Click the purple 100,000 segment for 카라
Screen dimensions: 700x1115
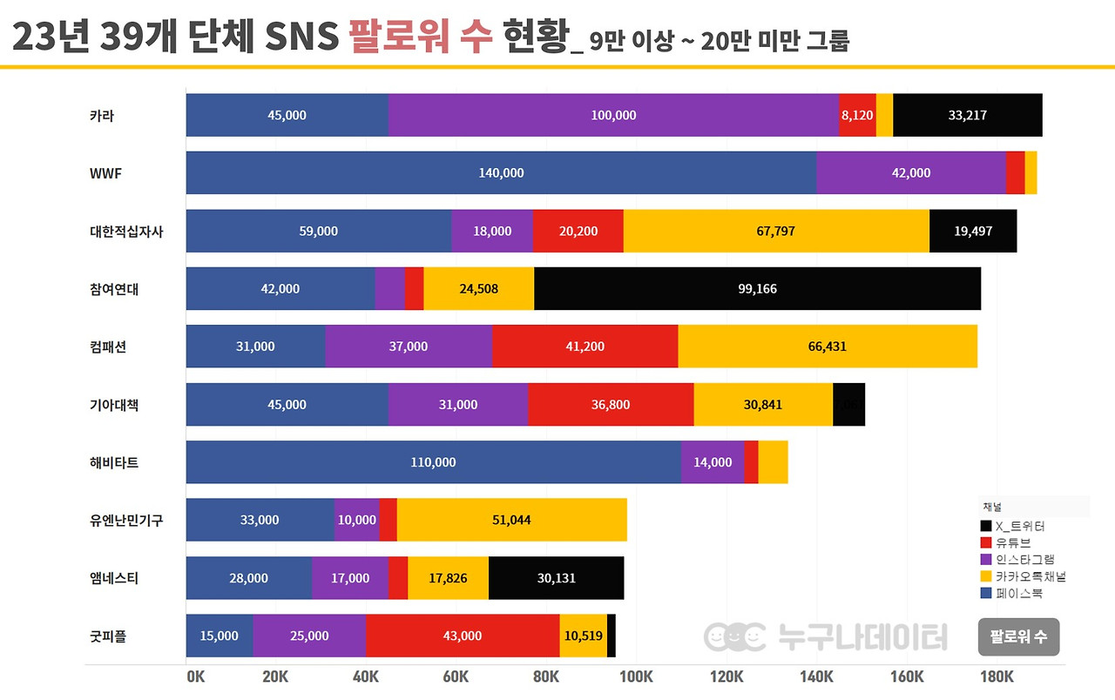pyautogui.click(x=613, y=115)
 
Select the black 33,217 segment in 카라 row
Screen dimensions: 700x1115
pyautogui.click(x=967, y=115)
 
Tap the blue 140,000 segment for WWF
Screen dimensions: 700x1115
pyautogui.click(x=501, y=172)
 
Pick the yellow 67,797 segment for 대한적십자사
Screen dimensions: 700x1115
pyautogui.click(x=776, y=231)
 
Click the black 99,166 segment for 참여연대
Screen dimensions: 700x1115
pyautogui.click(x=758, y=289)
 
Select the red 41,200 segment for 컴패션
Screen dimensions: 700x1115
pyautogui.click(x=585, y=347)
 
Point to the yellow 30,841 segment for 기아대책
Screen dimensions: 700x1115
pyautogui.click(x=763, y=405)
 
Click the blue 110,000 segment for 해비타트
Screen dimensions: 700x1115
pyautogui.click(x=433, y=462)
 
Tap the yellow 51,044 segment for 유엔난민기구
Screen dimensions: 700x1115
pyautogui.click(x=511, y=520)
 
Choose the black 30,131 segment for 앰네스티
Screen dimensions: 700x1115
pyautogui.click(x=556, y=578)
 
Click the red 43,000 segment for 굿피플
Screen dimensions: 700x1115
pyautogui.click(x=462, y=636)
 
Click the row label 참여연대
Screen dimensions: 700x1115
pyautogui.click(x=113, y=289)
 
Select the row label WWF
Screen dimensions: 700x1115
pyautogui.click(x=105, y=172)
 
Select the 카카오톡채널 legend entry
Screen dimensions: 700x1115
pyautogui.click(x=1030, y=576)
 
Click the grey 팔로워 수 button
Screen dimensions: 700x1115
pyautogui.click(x=1018, y=637)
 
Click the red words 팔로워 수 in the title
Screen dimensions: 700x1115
pyautogui.click(x=421, y=38)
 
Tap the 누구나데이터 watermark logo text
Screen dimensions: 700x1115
pyautogui.click(x=862, y=637)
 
